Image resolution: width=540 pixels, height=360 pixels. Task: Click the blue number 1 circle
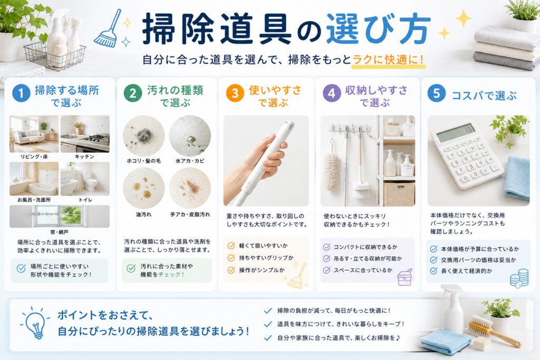(x=21, y=93)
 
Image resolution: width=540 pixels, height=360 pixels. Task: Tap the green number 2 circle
(x=133, y=93)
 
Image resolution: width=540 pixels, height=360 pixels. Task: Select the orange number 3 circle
(x=235, y=93)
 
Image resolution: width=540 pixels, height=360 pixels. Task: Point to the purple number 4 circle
(x=332, y=93)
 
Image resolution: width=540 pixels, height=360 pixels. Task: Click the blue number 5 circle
(x=436, y=93)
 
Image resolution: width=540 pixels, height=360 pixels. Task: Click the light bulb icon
(x=35, y=323)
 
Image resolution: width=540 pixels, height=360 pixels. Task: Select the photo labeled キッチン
(x=85, y=134)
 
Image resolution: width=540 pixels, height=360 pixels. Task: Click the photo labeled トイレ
(x=85, y=179)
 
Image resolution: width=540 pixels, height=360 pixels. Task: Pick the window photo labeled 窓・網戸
(x=60, y=216)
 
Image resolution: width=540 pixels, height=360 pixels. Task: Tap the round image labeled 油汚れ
(x=143, y=188)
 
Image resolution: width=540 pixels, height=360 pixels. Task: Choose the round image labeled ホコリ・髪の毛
(x=143, y=136)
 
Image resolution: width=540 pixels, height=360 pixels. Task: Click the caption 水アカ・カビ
(x=190, y=161)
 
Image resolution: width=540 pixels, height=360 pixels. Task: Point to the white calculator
(x=466, y=154)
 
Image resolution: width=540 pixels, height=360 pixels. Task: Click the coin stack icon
(x=519, y=278)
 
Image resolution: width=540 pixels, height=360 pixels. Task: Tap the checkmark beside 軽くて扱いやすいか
(x=231, y=246)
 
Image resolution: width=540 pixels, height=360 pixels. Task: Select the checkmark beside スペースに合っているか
(x=326, y=270)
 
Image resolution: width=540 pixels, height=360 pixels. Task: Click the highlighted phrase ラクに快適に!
(x=388, y=60)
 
